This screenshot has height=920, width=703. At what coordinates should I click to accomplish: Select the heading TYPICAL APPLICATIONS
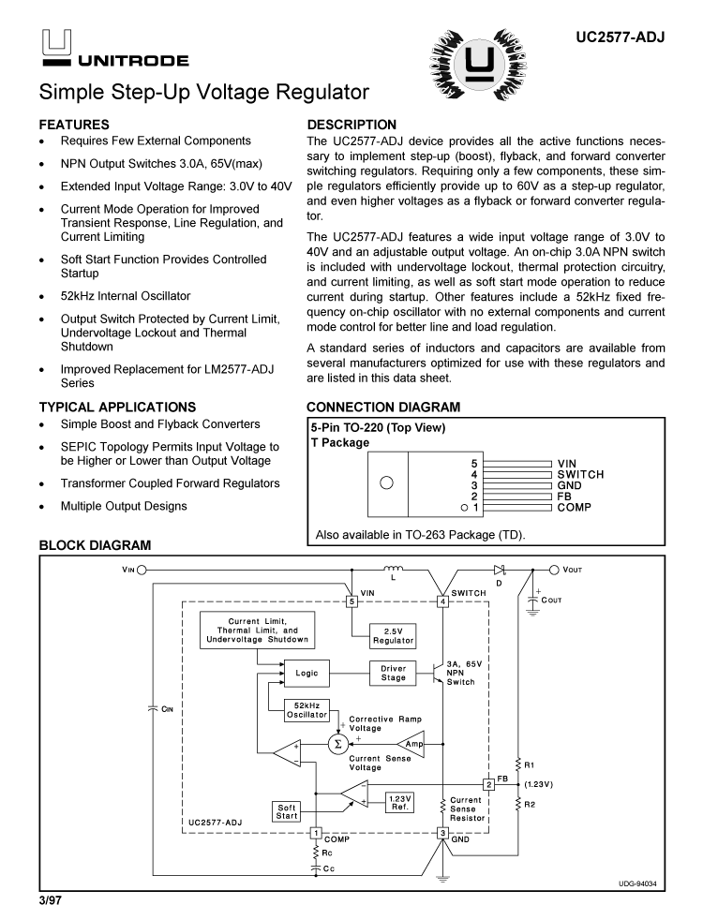pos(117,408)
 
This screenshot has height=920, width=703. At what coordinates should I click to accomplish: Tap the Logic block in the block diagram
pos(307,673)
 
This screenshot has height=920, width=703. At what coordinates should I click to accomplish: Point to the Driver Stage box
pos(393,673)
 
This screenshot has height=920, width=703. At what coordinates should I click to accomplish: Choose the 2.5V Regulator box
pos(393,634)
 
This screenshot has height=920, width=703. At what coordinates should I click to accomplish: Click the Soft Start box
pos(287,811)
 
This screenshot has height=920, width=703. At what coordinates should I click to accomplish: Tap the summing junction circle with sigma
pos(337,744)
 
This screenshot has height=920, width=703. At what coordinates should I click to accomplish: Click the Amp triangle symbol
pos(412,744)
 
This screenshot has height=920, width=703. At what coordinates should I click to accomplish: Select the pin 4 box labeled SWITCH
pos(442,601)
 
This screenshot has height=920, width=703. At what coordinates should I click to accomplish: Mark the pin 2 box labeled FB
pos(488,783)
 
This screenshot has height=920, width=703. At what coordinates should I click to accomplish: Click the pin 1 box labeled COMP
pos(316,832)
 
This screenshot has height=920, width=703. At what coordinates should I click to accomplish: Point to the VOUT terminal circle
pos(554,569)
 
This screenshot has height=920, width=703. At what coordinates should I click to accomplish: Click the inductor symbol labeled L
pos(394,569)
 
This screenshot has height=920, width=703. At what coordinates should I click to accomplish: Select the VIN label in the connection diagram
pos(567,464)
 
